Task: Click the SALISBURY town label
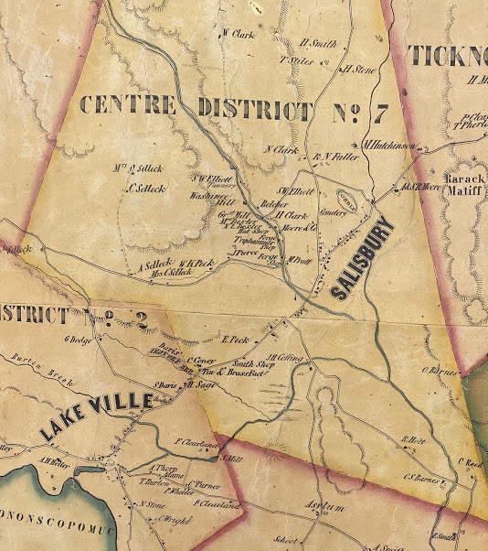[x=361, y=258]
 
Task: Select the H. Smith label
[x=317, y=44]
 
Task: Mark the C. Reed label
[x=471, y=461]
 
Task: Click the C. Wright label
[x=164, y=518]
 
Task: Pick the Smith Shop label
[x=254, y=363]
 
